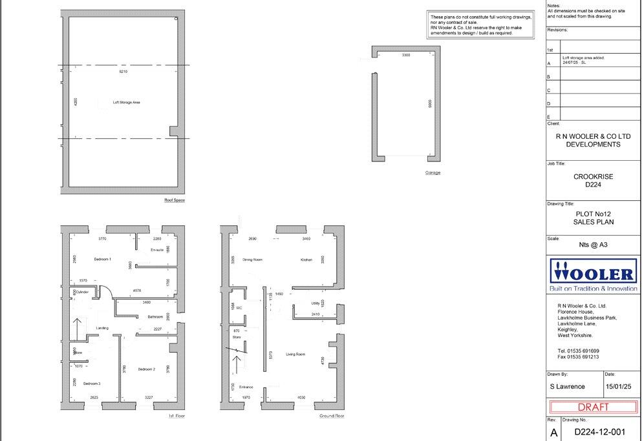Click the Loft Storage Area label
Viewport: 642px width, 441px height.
tap(127, 102)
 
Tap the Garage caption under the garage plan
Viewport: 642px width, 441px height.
tap(433, 172)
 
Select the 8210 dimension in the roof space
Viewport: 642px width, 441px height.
tap(123, 71)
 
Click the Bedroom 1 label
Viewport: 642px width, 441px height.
tap(103, 259)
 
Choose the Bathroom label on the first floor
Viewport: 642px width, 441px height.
tap(155, 316)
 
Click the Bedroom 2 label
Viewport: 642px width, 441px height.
tap(147, 369)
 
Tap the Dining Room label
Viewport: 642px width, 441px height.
tap(252, 260)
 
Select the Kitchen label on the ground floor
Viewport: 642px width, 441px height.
tap(306, 260)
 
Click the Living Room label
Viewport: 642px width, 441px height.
tap(295, 354)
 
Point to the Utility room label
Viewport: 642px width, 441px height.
tap(316, 302)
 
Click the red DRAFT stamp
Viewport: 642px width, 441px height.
tap(593, 407)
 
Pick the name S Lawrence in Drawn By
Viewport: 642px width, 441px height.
tap(567, 386)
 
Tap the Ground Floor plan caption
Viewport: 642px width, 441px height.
tap(332, 416)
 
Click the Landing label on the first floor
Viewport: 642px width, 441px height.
tap(102, 328)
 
